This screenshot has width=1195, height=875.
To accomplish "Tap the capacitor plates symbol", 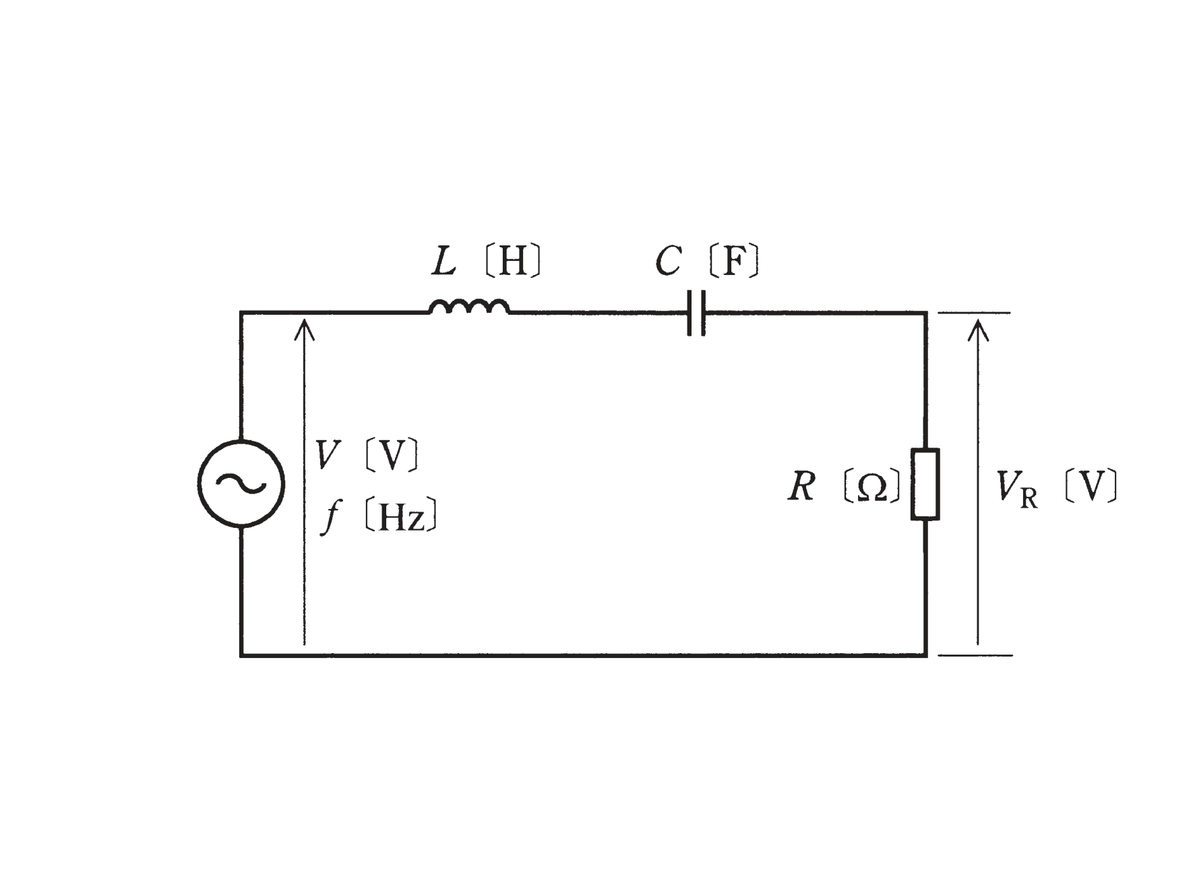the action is pos(696,313).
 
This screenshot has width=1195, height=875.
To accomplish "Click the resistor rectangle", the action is pos(925,484).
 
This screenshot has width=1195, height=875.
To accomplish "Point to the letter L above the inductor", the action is pos(443,262).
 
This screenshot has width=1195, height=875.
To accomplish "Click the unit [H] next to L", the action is pos(513,262).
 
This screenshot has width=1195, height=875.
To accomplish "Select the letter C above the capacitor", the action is pos(669,262).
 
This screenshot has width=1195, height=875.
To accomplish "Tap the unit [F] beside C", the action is pos(734,262).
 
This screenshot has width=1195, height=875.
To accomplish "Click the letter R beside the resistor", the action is pos(801,486).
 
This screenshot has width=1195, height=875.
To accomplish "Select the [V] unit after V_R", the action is pos(1091,486).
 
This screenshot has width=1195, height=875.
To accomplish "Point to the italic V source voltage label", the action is pos(327,455).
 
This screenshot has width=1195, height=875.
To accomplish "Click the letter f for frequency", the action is pos(330,517).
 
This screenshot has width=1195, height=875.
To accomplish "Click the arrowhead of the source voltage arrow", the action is pos(305,329).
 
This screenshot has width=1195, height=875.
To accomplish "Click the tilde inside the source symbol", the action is pos(241,483).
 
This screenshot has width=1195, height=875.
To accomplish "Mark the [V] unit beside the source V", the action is pos(392,455).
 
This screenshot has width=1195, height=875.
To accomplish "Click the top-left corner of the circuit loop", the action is pos(241,313).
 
